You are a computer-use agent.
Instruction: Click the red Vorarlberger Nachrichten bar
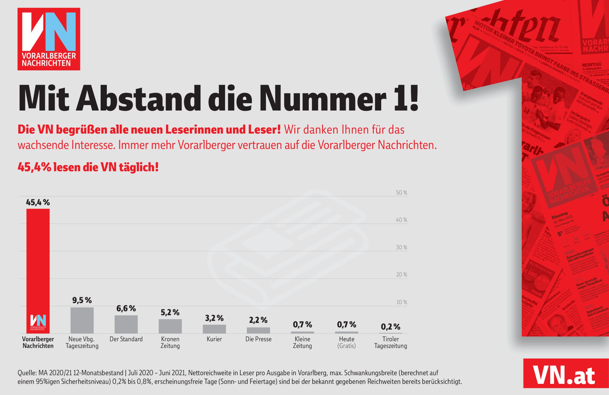pos(38,258)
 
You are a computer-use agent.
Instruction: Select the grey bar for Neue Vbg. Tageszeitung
pos(82,320)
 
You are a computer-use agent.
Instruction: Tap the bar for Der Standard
pos(126,324)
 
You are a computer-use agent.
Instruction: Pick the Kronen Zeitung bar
pos(170,326)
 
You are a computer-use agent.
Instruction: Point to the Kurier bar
pos(214,329)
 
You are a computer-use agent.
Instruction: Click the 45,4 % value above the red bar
pos(38,203)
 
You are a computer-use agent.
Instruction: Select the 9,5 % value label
pos(82,300)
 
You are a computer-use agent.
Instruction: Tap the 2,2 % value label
pos(258,320)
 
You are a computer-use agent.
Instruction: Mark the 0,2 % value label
pos(390,327)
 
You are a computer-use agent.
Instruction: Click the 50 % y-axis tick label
pos(401,192)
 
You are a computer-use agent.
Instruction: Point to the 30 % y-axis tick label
pos(401,247)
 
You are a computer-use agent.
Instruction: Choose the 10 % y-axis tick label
pos(402,302)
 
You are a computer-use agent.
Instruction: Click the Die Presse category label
pos(258,339)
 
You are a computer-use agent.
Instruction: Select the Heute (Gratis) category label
pos(347,342)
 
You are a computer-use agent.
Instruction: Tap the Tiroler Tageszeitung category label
pos(390,342)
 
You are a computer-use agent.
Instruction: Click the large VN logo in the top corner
pos(49,39)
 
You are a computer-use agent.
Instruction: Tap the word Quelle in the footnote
pos(27,373)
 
